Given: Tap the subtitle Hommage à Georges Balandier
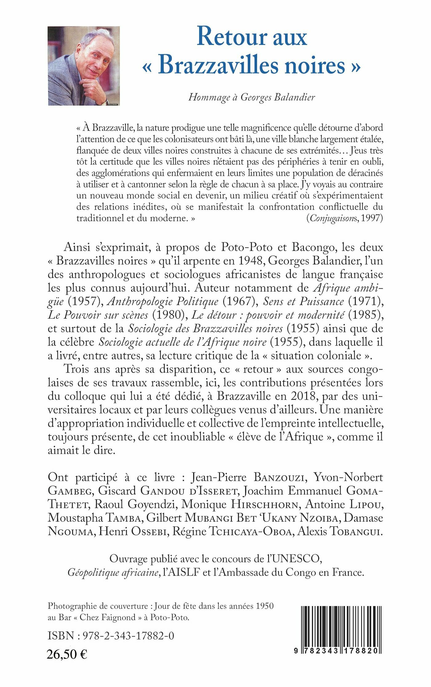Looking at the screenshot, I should (252, 97).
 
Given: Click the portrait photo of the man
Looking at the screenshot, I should (84, 66).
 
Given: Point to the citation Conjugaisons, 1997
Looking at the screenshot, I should (344, 218).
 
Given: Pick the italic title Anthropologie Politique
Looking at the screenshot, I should (163, 301).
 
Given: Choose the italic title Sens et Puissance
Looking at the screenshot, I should (303, 301).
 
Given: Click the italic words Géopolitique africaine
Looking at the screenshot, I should (113, 572).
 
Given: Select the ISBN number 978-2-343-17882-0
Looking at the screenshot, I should (128, 636).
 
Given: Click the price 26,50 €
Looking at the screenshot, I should (67, 654).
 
